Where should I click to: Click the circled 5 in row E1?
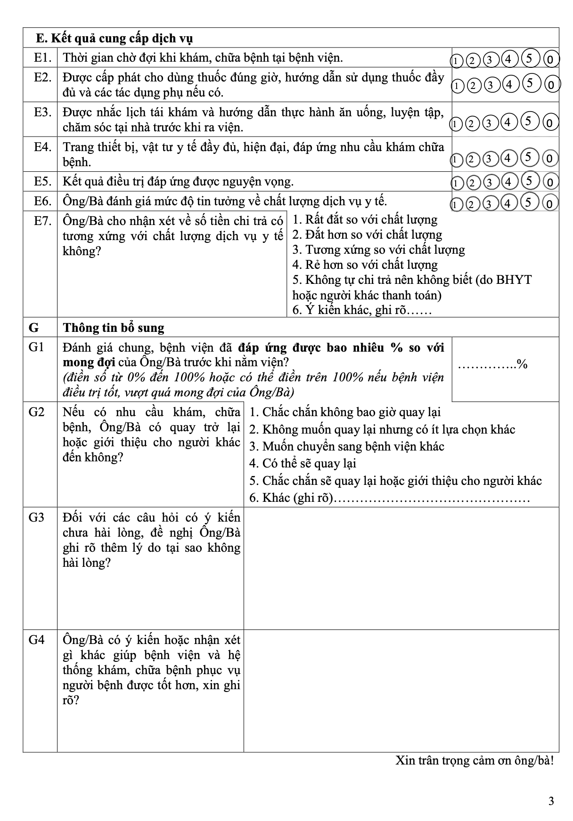529,59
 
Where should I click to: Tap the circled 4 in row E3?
508,122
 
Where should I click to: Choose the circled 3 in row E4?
490,159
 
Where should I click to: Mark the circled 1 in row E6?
455,204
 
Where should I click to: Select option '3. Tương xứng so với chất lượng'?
378,250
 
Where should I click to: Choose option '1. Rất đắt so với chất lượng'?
365,219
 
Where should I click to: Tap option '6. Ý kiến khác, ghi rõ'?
361,310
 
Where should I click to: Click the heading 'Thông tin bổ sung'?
114,328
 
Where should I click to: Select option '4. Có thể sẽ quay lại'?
303,463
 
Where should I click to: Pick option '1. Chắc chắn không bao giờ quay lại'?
345,412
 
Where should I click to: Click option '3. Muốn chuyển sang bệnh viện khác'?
347,446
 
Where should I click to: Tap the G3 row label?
36,517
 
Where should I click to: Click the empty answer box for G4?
401,691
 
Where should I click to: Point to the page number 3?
551,801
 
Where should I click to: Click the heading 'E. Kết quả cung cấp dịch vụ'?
115,38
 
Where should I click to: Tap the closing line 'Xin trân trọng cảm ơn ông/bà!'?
475,760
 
